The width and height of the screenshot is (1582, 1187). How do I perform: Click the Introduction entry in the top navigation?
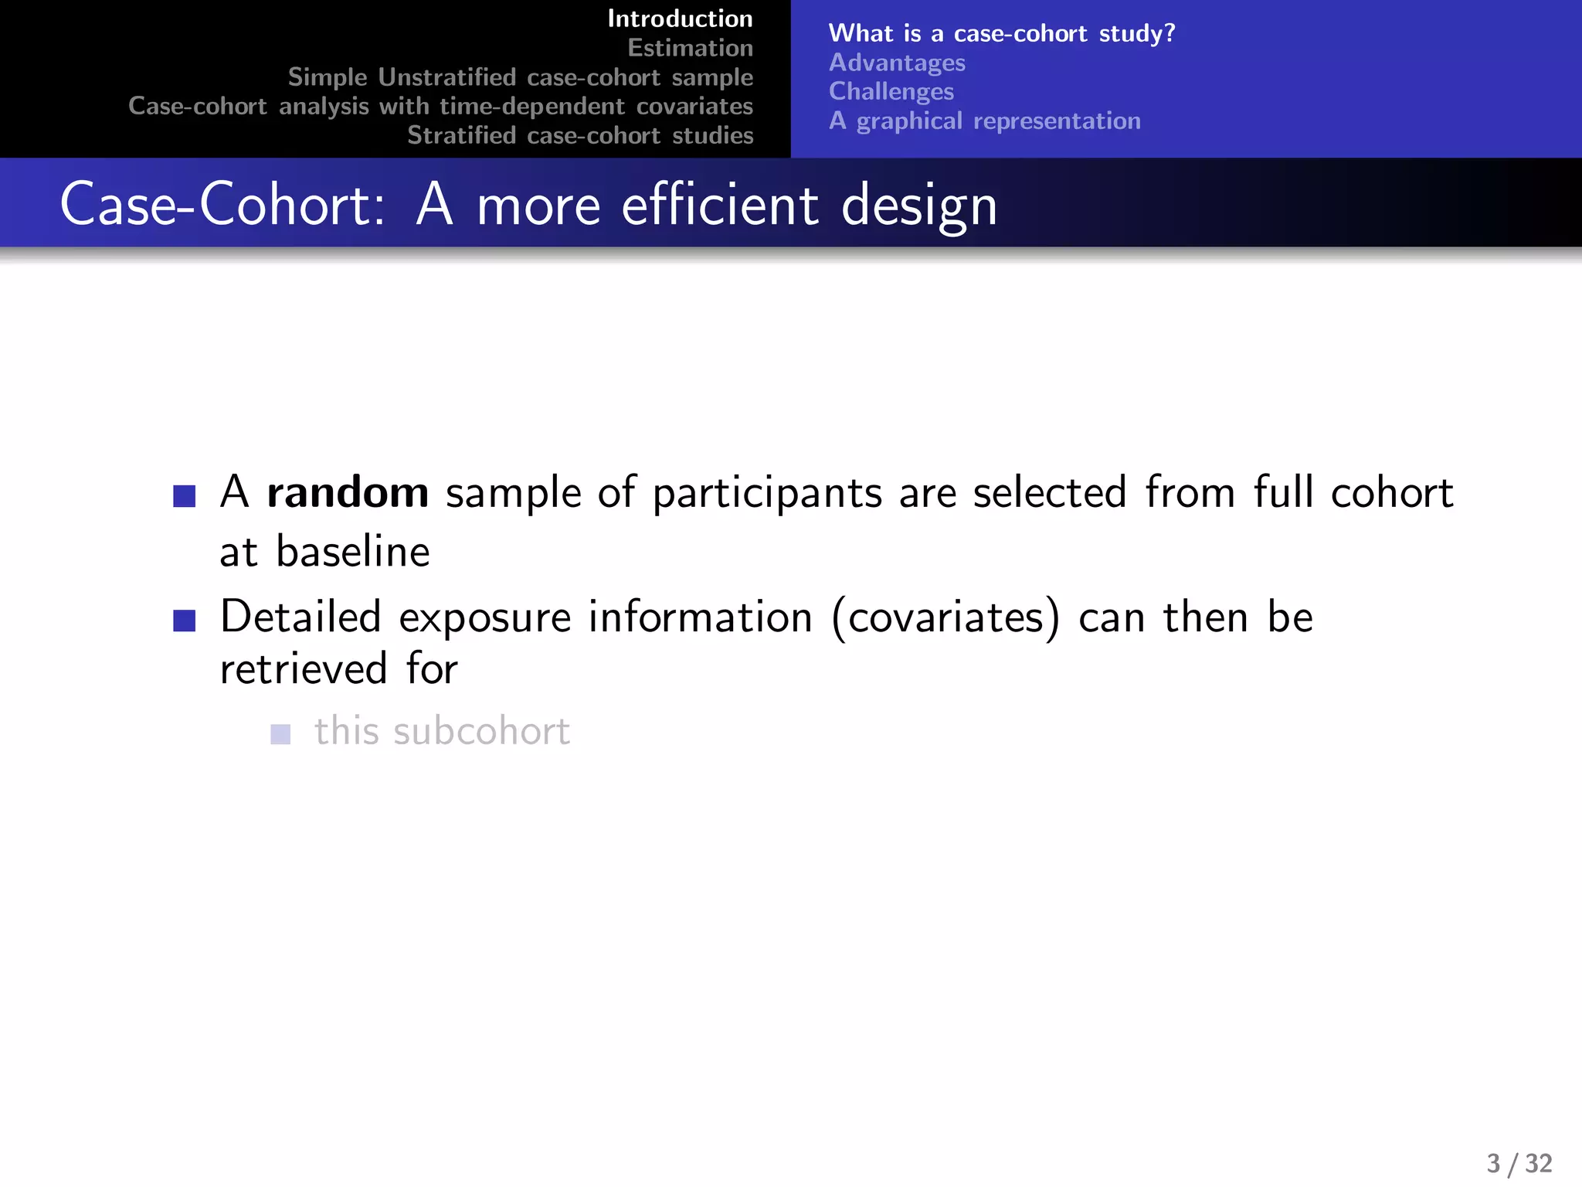[x=680, y=19]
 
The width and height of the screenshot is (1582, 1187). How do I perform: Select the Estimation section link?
[x=690, y=48]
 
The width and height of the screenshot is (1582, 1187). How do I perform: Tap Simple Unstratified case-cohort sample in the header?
[x=520, y=77]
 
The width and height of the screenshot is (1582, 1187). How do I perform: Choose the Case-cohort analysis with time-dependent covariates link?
[x=440, y=106]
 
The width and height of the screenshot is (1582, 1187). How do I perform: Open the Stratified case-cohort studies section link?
[x=580, y=135]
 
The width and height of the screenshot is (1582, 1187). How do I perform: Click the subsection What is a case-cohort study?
[x=1001, y=33]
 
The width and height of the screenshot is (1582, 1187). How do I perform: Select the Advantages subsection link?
[x=897, y=63]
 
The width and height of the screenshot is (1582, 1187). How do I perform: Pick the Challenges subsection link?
[x=891, y=91]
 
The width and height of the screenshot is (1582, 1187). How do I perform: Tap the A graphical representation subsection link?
[x=985, y=121]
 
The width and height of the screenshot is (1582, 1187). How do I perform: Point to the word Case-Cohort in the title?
[x=222, y=206]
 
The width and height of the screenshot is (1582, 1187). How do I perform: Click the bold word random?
[x=348, y=492]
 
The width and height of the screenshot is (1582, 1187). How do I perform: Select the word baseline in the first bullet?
[x=353, y=552]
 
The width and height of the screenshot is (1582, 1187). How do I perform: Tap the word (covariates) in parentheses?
[x=945, y=617]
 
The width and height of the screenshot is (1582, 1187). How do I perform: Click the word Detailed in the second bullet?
[x=300, y=617]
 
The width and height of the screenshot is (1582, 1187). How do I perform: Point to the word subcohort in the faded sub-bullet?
[x=481, y=731]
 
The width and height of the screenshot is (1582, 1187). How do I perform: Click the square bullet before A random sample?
[x=185, y=495]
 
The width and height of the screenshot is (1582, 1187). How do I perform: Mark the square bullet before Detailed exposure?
[x=185, y=621]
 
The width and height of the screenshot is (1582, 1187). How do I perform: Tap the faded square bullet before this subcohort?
[x=280, y=733]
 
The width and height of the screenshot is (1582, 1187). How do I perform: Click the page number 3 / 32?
[x=1519, y=1163]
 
